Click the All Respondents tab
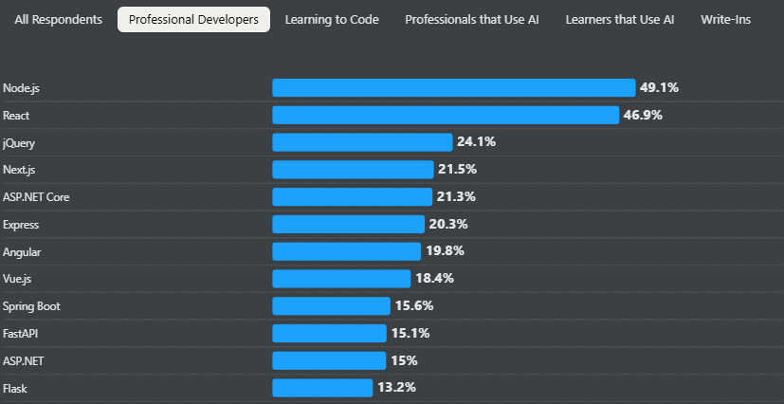(x=59, y=20)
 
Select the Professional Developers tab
(x=193, y=20)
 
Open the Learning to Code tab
(x=332, y=20)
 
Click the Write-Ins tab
(x=726, y=20)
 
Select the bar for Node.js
(x=453, y=87)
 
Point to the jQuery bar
(x=362, y=142)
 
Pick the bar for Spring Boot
(x=331, y=306)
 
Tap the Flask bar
(x=322, y=388)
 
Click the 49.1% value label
(x=659, y=87)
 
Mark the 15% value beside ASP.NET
(x=404, y=360)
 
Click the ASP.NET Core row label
(x=36, y=197)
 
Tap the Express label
(x=21, y=225)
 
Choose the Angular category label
(x=22, y=252)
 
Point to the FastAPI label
(x=21, y=334)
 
